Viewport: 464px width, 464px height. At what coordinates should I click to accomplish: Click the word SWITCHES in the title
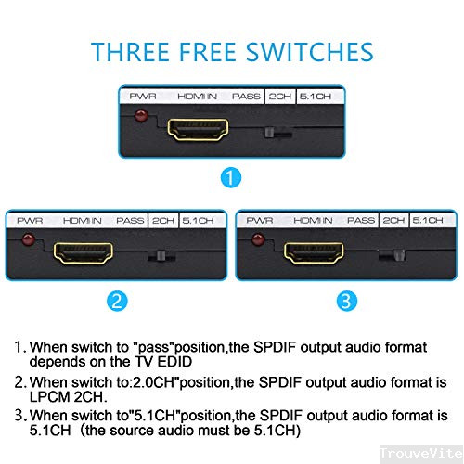click(x=310, y=52)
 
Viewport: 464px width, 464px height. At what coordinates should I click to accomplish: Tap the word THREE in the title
click(x=130, y=52)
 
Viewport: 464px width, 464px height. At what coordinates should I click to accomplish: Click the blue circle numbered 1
click(x=231, y=177)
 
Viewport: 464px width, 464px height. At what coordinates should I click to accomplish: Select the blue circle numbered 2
click(x=117, y=301)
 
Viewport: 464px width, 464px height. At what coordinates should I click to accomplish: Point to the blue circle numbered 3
click(x=347, y=301)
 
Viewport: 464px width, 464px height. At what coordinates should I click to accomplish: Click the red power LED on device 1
click(x=141, y=115)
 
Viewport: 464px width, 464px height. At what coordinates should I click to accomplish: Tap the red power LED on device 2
click(x=28, y=239)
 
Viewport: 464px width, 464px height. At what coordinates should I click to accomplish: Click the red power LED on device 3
click(x=258, y=239)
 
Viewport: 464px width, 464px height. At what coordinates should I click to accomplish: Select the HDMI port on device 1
click(x=198, y=129)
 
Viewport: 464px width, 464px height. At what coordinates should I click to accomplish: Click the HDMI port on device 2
click(x=84, y=253)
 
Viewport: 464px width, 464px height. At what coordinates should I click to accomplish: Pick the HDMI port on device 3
click(x=314, y=253)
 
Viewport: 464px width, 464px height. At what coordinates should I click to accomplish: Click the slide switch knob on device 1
click(x=269, y=133)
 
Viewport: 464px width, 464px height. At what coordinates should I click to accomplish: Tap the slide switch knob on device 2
click(x=161, y=256)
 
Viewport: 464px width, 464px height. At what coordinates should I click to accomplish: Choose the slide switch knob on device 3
click(x=399, y=255)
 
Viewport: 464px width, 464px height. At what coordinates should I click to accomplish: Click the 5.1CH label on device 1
click(x=316, y=97)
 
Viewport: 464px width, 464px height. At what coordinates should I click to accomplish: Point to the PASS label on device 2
click(x=130, y=221)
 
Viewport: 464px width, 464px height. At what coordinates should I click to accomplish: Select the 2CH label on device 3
click(x=393, y=220)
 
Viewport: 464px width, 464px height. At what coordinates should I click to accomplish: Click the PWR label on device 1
click(x=143, y=97)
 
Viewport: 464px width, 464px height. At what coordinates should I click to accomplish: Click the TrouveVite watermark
click(x=421, y=453)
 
